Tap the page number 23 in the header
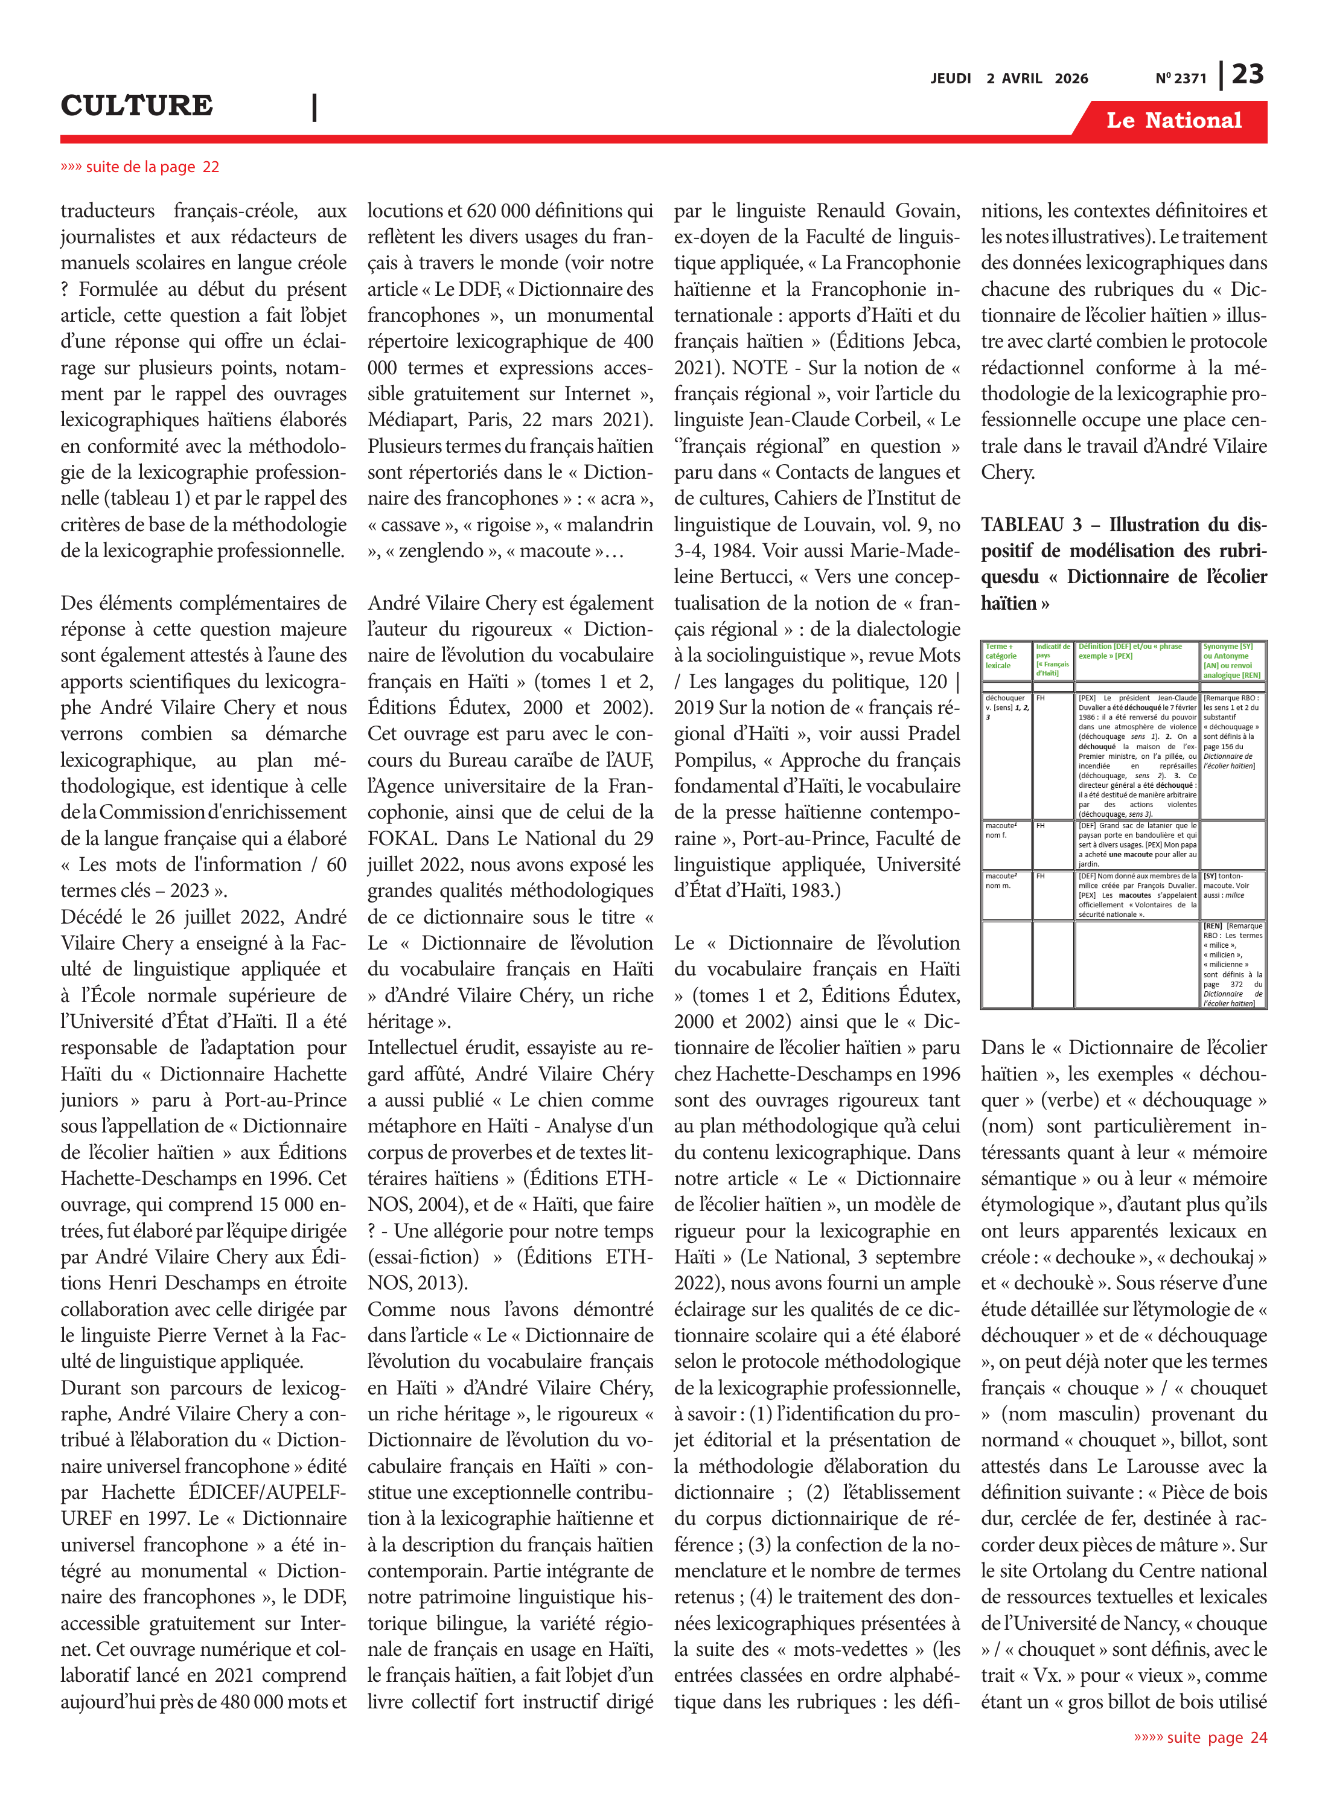tap(1248, 75)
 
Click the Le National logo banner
tap(1173, 121)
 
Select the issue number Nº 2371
tap(1181, 78)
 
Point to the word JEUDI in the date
tap(951, 78)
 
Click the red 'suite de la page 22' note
tap(140, 167)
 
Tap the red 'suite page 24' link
tap(1200, 1737)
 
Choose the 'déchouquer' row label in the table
tap(1005, 698)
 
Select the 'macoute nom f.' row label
tap(1001, 830)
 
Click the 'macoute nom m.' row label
tap(1001, 880)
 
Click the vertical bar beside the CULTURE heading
tap(314, 107)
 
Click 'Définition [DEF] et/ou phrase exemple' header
tap(1129, 651)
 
